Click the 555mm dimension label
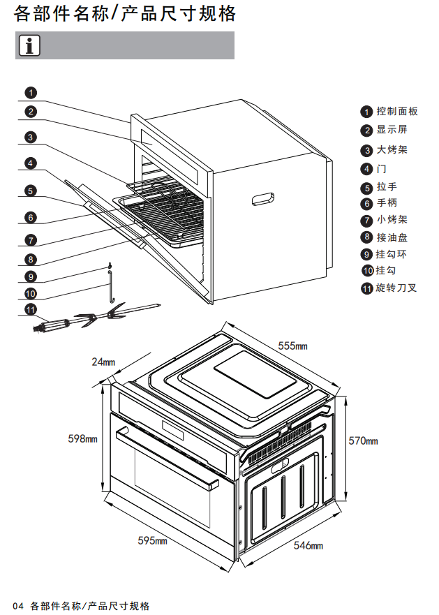292,346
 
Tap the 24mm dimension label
103,362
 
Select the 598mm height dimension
82,438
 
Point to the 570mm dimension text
363,440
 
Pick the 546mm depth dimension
308,545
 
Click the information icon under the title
29,45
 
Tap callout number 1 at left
31,92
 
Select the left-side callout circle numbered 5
31,191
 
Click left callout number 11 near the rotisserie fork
31,309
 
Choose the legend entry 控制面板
397,111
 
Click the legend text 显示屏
392,130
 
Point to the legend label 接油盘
392,237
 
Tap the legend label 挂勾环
392,254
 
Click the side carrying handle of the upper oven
262,199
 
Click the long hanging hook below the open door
110,288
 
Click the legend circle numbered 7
367,221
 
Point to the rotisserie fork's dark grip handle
52,325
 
